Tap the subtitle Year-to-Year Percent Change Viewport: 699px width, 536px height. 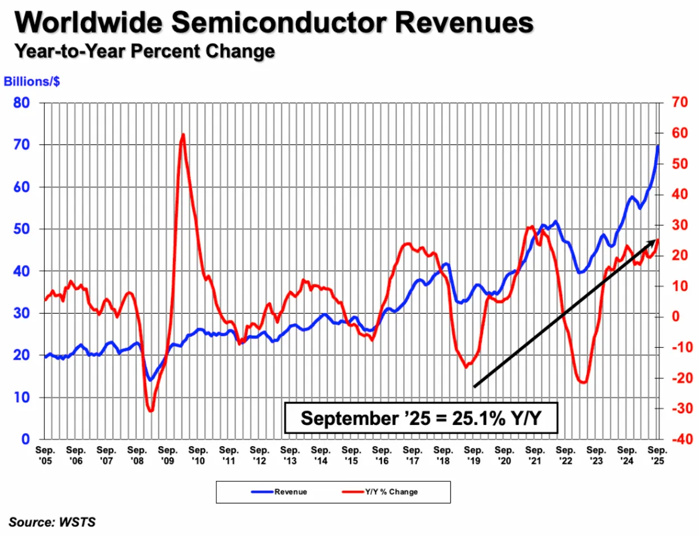(x=145, y=51)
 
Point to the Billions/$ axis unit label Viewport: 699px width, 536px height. (x=32, y=82)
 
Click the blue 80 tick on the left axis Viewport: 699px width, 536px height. (x=22, y=103)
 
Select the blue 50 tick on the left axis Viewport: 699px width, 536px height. (x=22, y=229)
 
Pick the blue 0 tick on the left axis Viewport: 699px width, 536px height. (x=25, y=439)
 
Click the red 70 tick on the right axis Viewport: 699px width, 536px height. (x=680, y=103)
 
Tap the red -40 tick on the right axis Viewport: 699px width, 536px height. (x=682, y=439)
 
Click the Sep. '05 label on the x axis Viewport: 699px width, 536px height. (x=45, y=455)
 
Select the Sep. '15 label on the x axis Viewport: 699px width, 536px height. (x=351, y=455)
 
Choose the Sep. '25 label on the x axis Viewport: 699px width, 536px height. (x=657, y=455)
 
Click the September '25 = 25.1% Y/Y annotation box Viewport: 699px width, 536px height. (x=421, y=418)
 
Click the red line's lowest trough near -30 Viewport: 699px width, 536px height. (x=150, y=411)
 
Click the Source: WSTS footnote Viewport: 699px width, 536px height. (x=52, y=522)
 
